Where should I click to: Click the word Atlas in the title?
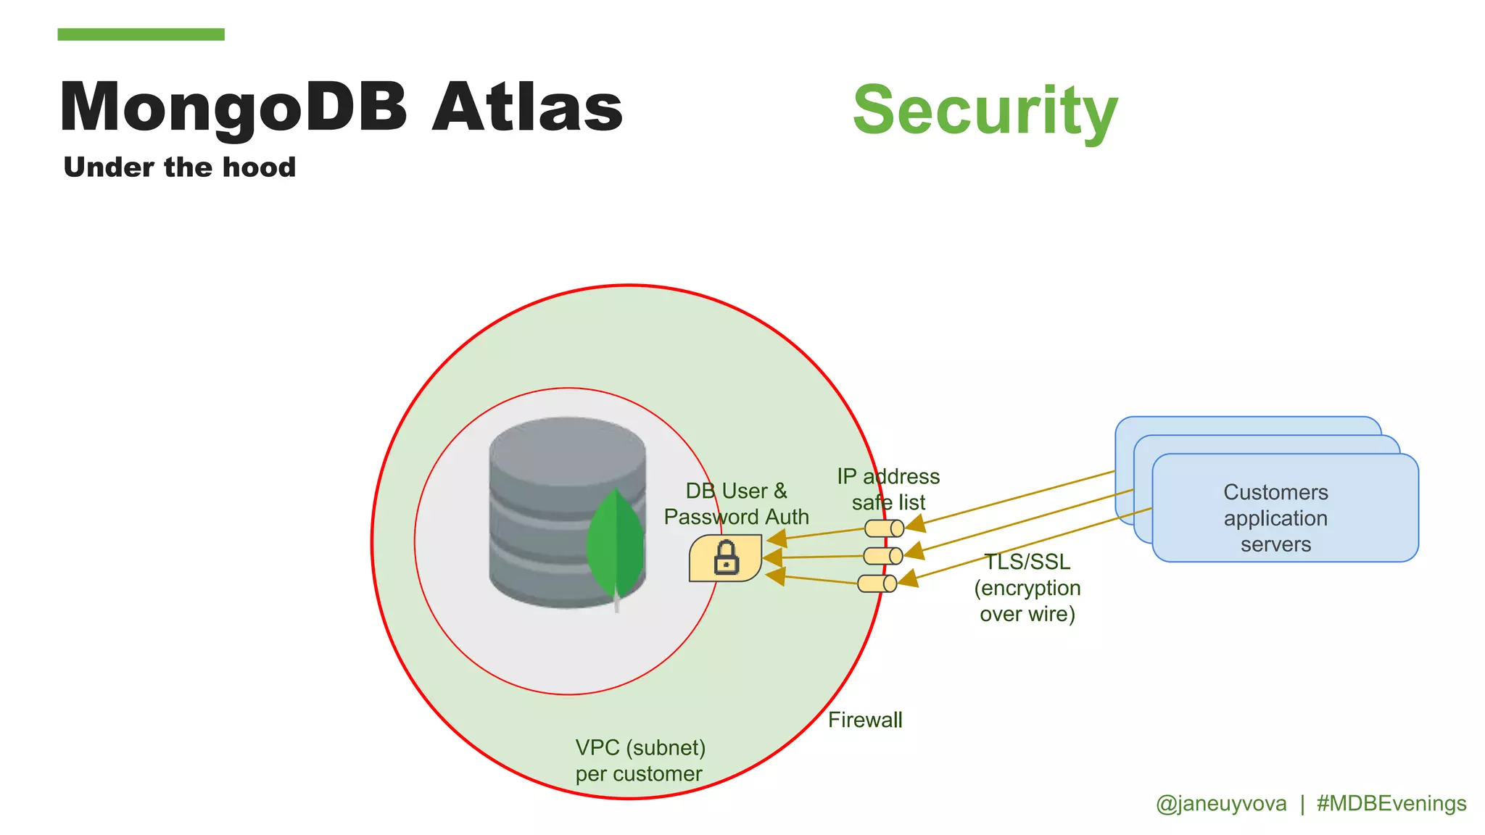527,107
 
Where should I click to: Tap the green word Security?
985,110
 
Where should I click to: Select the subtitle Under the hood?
180,167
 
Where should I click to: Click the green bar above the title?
141,34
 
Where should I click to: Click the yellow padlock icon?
725,558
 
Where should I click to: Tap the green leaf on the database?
615,544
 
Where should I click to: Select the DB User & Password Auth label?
736,504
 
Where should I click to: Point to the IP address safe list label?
888,489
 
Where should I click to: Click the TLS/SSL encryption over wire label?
1027,588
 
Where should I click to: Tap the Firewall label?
865,720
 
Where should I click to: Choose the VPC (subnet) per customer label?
640,760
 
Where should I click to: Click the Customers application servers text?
1275,518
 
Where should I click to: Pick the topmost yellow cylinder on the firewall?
884,528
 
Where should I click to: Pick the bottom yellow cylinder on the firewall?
877,583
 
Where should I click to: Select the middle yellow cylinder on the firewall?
882,556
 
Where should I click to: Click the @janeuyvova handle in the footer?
1221,804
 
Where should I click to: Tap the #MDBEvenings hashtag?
1391,804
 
